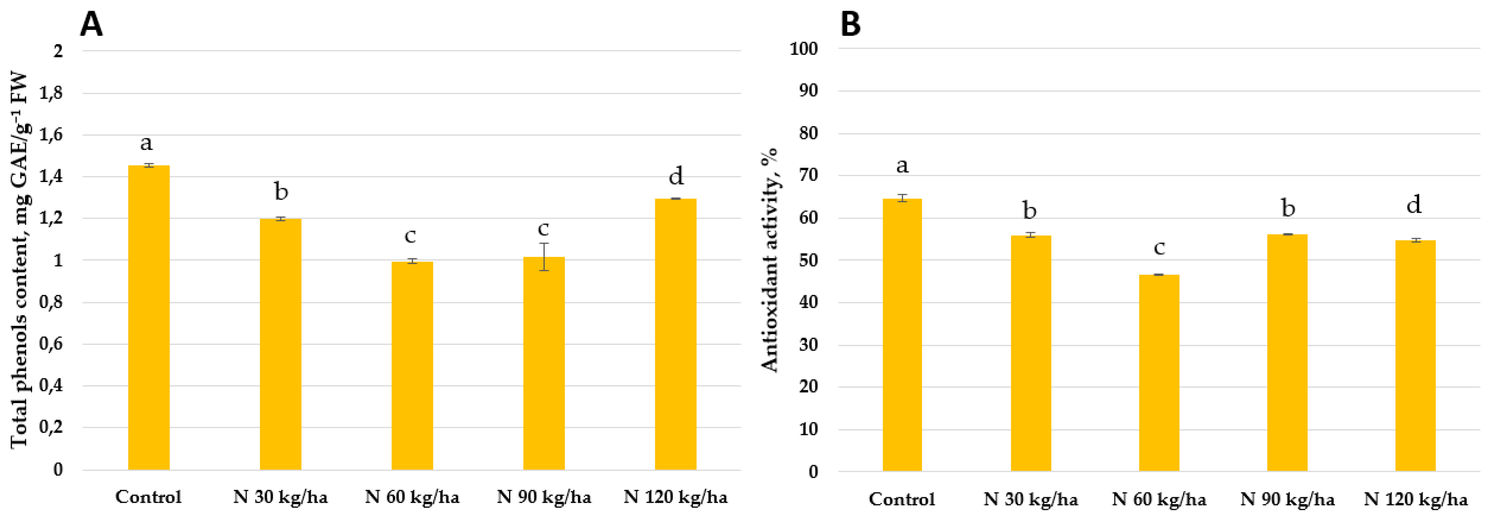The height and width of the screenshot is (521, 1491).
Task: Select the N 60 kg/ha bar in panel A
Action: coord(412,365)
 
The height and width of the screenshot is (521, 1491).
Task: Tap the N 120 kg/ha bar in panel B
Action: coord(1415,355)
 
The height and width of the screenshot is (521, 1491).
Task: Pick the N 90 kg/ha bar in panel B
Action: coord(1287,353)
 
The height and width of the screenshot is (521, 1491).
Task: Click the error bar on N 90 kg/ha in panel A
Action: coord(544,256)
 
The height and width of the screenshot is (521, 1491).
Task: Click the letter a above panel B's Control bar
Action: coord(902,166)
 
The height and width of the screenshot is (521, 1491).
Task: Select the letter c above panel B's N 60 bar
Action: coord(1159,248)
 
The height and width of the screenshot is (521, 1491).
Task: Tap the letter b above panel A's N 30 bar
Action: coord(281,191)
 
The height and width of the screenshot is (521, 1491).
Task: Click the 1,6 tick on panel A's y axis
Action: coord(51,135)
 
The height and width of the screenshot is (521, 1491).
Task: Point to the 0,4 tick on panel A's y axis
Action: coord(51,386)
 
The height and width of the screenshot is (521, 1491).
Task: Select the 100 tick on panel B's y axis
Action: coord(804,49)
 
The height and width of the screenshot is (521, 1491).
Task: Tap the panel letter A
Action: coord(91,25)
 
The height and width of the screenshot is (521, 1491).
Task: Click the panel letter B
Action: coord(850,25)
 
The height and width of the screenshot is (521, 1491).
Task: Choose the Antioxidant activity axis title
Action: coord(770,260)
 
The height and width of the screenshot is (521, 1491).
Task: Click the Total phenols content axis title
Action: coord(19,260)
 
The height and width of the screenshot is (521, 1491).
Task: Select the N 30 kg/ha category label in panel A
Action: coord(280,497)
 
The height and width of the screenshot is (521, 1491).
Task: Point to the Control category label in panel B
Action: coord(902,499)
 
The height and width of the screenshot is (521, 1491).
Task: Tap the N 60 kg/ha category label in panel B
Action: coord(1159,499)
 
